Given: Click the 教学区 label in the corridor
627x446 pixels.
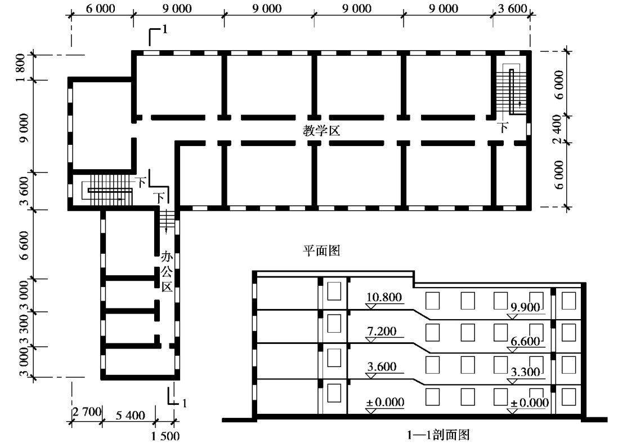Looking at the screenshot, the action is tap(321, 131).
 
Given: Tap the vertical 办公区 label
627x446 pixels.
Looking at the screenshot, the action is tap(167, 272).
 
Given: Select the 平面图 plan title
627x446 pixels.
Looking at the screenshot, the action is tap(321, 250).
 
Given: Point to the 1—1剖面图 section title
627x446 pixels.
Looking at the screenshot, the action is tap(438, 435).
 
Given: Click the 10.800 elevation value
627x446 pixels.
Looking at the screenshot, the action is tap(384, 297).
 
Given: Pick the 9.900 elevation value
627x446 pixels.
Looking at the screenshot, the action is tap(526, 307).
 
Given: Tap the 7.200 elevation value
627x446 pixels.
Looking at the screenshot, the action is tap(382, 332).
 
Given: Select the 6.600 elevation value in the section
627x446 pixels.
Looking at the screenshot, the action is tap(526, 342).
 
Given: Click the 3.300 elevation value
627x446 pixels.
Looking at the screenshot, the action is tap(526, 372).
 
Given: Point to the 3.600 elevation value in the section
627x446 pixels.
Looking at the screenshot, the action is tap(382, 366).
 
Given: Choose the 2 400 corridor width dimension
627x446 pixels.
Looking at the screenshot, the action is tap(558, 129).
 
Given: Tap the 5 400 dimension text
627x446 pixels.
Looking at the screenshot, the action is tap(131, 415).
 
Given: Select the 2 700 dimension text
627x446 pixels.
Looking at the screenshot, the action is tap(87, 412).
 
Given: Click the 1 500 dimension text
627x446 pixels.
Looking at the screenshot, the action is tap(165, 436).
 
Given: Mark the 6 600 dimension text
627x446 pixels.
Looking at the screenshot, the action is tap(24, 245).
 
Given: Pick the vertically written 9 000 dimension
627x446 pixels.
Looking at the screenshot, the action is tap(24, 128).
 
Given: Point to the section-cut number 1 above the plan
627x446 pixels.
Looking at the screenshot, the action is tap(164, 29).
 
